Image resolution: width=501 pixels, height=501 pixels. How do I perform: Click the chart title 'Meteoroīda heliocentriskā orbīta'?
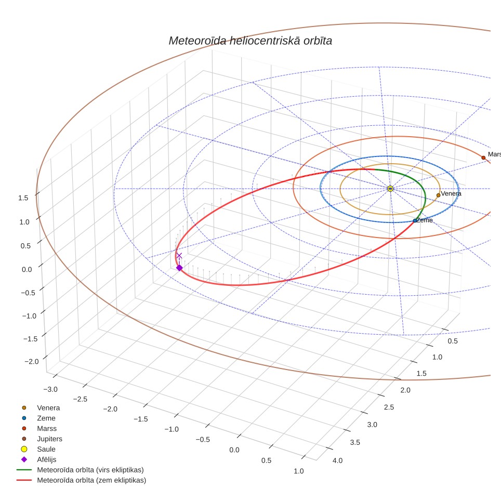[251, 41]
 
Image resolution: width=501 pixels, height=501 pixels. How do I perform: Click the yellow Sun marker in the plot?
[390, 189]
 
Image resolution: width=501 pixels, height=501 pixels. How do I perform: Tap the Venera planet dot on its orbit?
[439, 195]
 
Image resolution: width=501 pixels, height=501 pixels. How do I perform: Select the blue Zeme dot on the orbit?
[415, 221]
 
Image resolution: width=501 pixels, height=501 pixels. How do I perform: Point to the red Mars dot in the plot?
[483, 158]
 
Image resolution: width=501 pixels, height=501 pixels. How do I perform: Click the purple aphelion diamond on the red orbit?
[180, 268]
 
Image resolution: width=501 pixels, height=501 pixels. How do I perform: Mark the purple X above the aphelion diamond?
[179, 256]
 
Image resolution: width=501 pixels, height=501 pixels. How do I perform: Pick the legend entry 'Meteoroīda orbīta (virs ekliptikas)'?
[80, 470]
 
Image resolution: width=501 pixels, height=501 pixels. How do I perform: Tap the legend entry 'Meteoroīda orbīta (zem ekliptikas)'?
[82, 480]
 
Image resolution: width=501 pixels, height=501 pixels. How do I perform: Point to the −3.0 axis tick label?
[50, 389]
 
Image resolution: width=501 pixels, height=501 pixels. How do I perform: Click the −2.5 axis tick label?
[80, 399]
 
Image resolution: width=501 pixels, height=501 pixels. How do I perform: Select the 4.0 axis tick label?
[337, 461]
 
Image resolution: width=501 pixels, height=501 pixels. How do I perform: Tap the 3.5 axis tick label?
[355, 442]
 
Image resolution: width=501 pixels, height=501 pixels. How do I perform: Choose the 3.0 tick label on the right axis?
[372, 425]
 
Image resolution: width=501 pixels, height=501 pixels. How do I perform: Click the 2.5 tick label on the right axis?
[389, 407]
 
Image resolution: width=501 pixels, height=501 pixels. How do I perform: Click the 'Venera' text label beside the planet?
[451, 194]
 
